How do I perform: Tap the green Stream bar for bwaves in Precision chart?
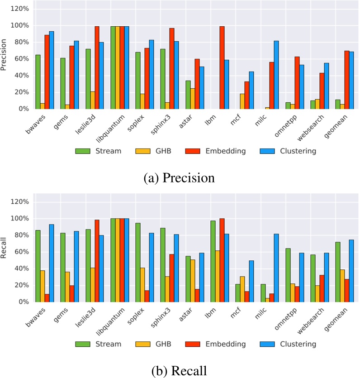(x=38, y=81)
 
